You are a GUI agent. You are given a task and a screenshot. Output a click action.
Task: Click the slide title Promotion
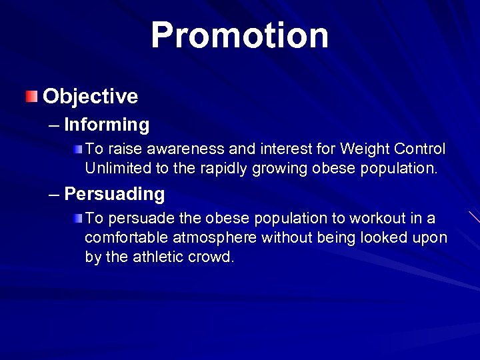click(239, 35)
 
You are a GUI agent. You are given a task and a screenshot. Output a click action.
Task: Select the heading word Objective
click(90, 96)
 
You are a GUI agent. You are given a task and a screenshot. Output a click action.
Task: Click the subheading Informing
click(107, 125)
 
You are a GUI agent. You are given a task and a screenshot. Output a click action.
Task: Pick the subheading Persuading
click(115, 194)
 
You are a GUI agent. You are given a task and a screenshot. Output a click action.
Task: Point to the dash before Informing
click(54, 125)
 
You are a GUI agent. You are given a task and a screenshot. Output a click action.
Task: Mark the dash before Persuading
click(54, 195)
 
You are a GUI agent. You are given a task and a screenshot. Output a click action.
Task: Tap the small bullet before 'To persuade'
click(78, 218)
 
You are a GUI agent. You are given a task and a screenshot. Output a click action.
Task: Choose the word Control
click(420, 149)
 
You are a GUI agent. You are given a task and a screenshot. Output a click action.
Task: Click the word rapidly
click(223, 169)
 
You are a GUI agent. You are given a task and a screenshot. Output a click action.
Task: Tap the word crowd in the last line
click(213, 257)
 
